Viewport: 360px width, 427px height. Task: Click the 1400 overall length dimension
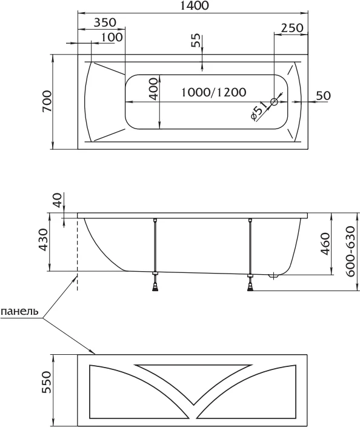(195, 5)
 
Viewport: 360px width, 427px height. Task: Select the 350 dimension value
(105, 22)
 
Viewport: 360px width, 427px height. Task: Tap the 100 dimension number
(112, 37)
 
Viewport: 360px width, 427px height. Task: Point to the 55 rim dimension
(195, 40)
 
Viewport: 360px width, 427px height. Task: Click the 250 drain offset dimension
(292, 28)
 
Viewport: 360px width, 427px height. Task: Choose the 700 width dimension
(47, 101)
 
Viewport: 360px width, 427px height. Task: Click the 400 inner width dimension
(154, 89)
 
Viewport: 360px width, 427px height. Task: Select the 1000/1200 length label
(213, 92)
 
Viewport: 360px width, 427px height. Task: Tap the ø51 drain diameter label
(258, 110)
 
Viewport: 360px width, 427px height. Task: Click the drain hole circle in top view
(274, 102)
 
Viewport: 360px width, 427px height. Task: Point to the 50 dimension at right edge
(324, 95)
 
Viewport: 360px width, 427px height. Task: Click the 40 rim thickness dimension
(58, 200)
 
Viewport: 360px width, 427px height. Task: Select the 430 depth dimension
(44, 240)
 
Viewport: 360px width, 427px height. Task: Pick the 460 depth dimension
(325, 244)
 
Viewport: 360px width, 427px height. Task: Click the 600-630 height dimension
(351, 251)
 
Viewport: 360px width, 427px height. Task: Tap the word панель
(19, 311)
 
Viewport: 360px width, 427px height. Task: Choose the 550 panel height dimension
(47, 382)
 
